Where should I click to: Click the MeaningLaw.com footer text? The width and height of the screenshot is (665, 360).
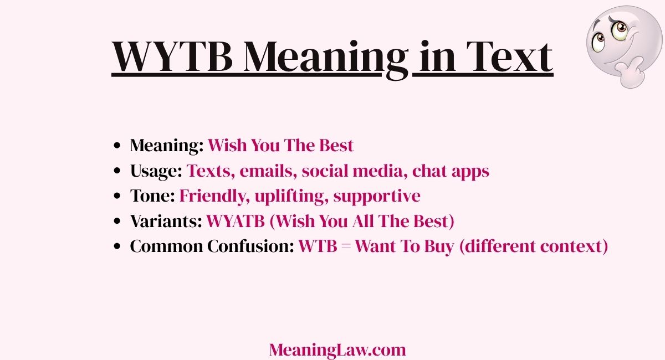[337, 349]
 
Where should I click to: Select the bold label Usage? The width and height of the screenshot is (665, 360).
[156, 171]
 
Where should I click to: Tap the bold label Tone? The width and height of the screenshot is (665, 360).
[152, 196]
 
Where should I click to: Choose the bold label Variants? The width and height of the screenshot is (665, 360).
[166, 222]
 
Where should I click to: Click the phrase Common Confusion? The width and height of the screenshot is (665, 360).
[212, 246]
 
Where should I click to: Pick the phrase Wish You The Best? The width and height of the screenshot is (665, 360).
[280, 146]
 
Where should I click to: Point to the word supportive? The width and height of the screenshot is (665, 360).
[377, 196]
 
